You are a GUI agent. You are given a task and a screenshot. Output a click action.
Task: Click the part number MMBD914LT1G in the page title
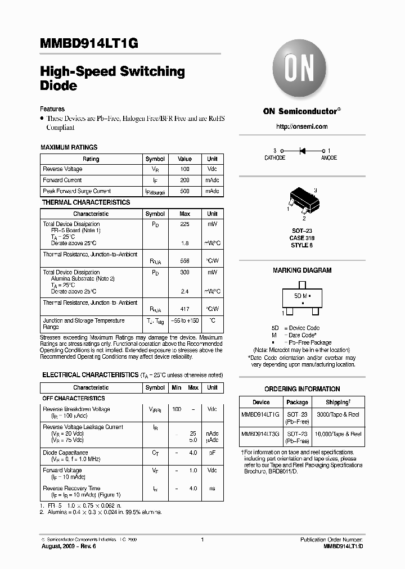click(89, 44)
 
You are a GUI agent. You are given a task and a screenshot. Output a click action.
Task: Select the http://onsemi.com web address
click(302, 127)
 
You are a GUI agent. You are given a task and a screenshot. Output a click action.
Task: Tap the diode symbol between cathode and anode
click(301, 151)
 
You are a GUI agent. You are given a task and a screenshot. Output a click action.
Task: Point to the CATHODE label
click(275, 158)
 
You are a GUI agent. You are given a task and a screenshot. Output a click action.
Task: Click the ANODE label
click(329, 158)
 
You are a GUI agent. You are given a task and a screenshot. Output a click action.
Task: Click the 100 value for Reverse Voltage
click(185, 169)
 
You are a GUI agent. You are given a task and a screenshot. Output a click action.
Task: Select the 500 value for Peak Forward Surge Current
click(185, 191)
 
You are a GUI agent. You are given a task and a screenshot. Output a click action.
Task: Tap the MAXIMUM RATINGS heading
click(69, 147)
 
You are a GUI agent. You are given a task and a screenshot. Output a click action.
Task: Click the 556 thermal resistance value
click(185, 261)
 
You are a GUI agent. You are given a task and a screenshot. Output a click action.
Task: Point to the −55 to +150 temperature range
click(185, 320)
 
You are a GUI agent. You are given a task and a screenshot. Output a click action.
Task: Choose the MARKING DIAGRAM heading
click(302, 270)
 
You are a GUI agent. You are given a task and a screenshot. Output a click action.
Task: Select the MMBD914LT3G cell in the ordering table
click(261, 433)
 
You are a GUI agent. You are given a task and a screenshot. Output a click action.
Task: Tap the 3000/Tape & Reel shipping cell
click(337, 414)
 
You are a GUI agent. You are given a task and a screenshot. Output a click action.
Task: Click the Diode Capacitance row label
click(65, 453)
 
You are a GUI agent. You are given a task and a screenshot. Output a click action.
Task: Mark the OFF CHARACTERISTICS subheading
click(74, 398)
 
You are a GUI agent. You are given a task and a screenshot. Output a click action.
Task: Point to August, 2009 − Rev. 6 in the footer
click(69, 547)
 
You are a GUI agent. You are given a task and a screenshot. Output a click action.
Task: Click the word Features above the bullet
click(52, 109)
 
